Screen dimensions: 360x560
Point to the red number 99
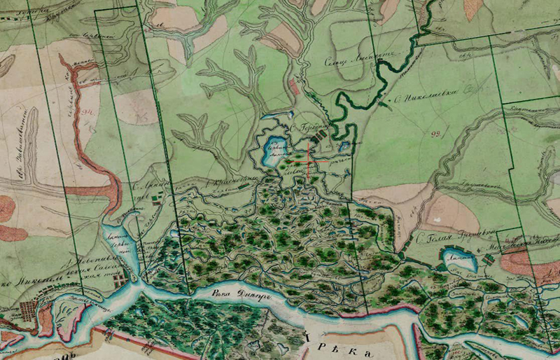[436, 133]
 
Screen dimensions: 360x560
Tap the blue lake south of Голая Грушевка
[459, 262]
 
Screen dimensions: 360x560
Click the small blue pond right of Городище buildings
[344, 146]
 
